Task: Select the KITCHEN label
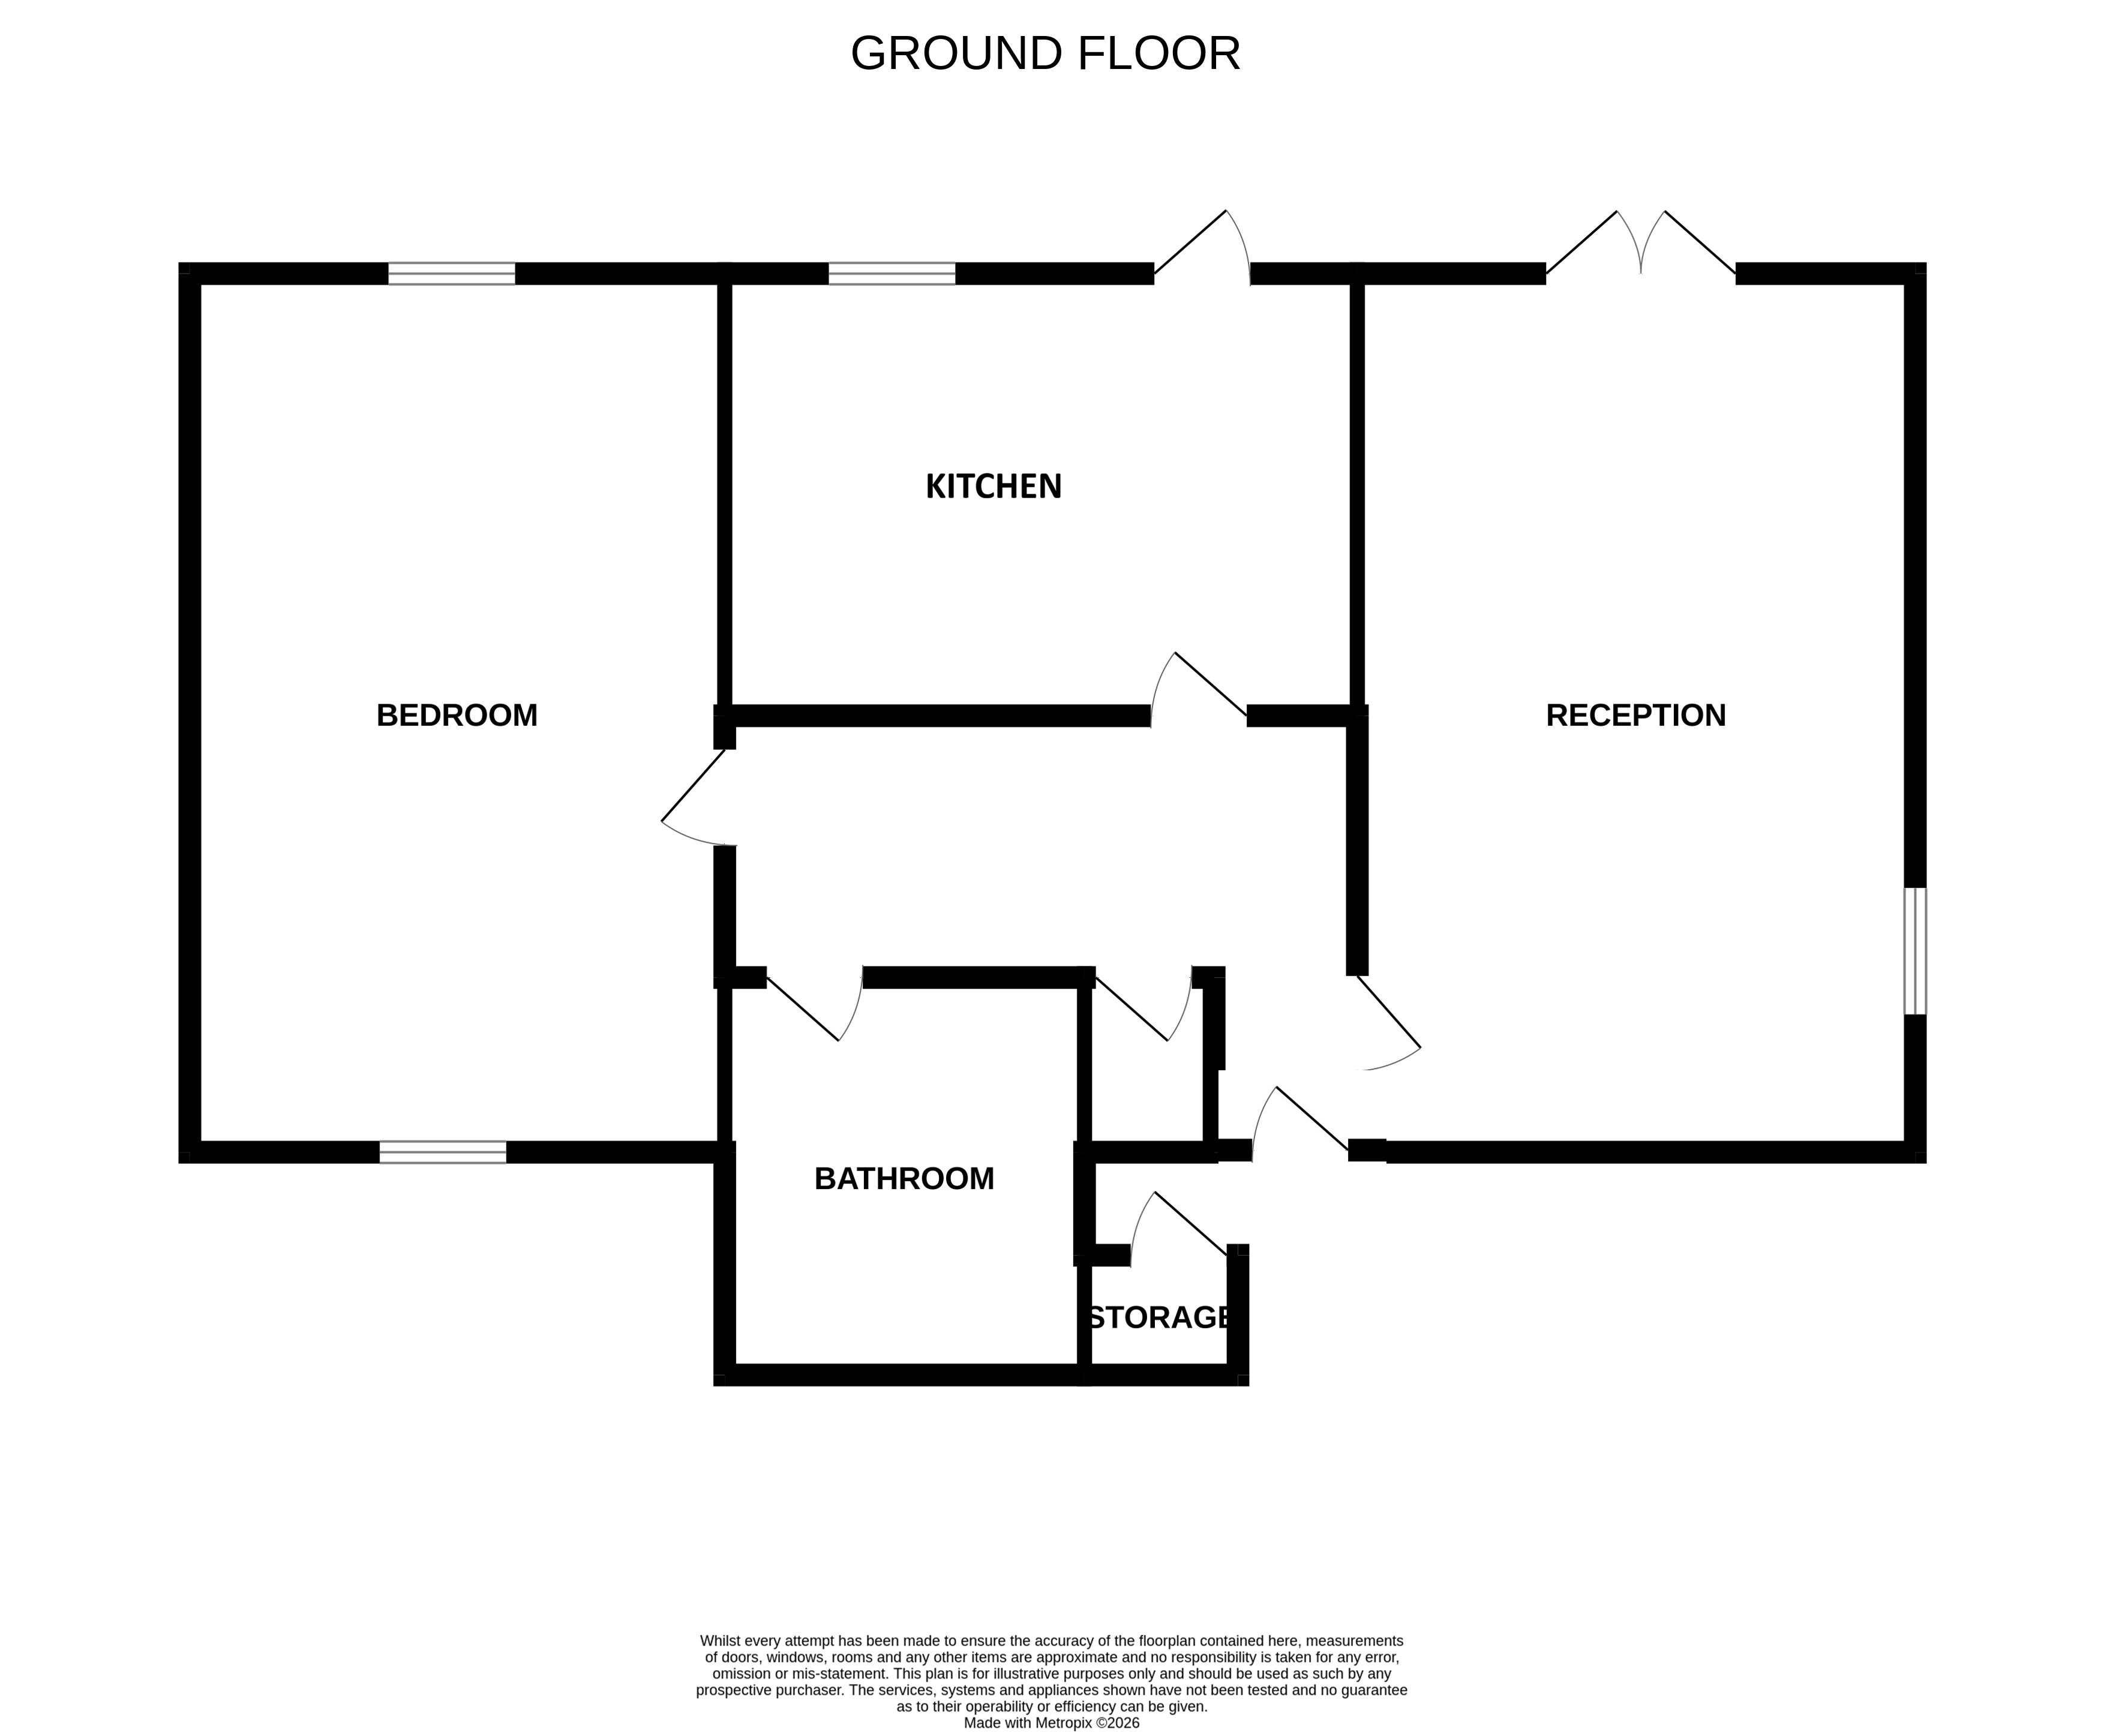pyautogui.click(x=993, y=487)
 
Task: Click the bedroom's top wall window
pyautogui.click(x=451, y=274)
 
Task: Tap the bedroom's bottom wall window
pyautogui.click(x=442, y=1152)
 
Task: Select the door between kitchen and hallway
pyautogui.click(x=1197, y=688)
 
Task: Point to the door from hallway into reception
pyautogui.click(x=1386, y=1023)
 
